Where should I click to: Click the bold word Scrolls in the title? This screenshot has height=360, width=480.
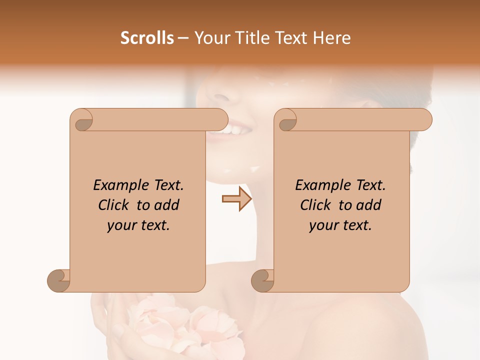(x=147, y=38)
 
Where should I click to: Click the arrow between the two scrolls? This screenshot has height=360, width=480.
(x=237, y=199)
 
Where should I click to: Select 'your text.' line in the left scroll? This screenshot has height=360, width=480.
(x=138, y=225)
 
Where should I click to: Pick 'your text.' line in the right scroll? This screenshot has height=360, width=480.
(x=340, y=225)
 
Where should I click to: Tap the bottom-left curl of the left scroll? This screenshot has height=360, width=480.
(x=59, y=280)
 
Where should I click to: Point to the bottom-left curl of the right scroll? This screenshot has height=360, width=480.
(x=263, y=280)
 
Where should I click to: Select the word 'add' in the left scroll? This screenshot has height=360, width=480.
(x=167, y=205)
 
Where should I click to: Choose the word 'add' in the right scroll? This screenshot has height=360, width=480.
(x=369, y=205)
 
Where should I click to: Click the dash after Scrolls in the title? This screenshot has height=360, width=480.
(x=183, y=38)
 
